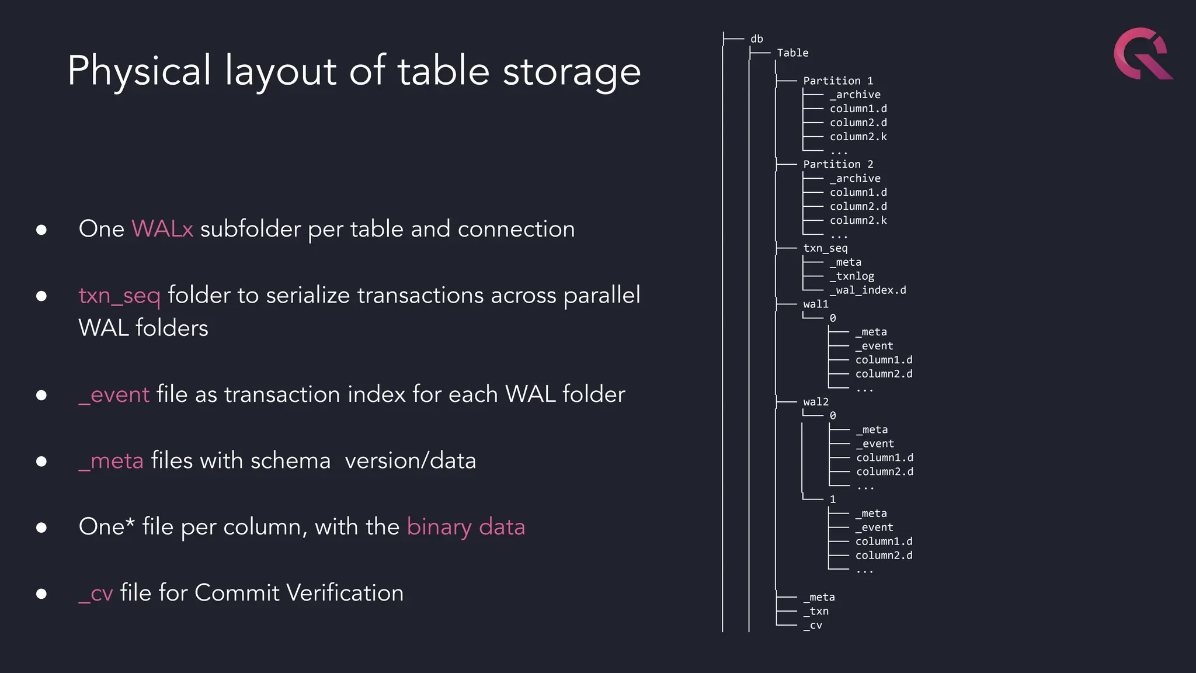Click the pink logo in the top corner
(1142, 54)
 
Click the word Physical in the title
(139, 71)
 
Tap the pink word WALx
(162, 229)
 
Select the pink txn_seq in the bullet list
(119, 296)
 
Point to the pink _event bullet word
(114, 395)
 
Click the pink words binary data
(465, 527)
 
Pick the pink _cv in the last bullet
(96, 594)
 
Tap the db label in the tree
(757, 39)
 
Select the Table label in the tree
(792, 53)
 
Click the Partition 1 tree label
(838, 81)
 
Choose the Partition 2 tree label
(838, 165)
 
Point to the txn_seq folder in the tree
(825, 248)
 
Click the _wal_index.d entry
(868, 290)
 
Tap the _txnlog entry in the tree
(852, 276)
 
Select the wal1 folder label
(816, 304)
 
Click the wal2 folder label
(816, 402)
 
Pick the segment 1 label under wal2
(833, 499)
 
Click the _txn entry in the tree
(816, 612)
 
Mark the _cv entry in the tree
(813, 626)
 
